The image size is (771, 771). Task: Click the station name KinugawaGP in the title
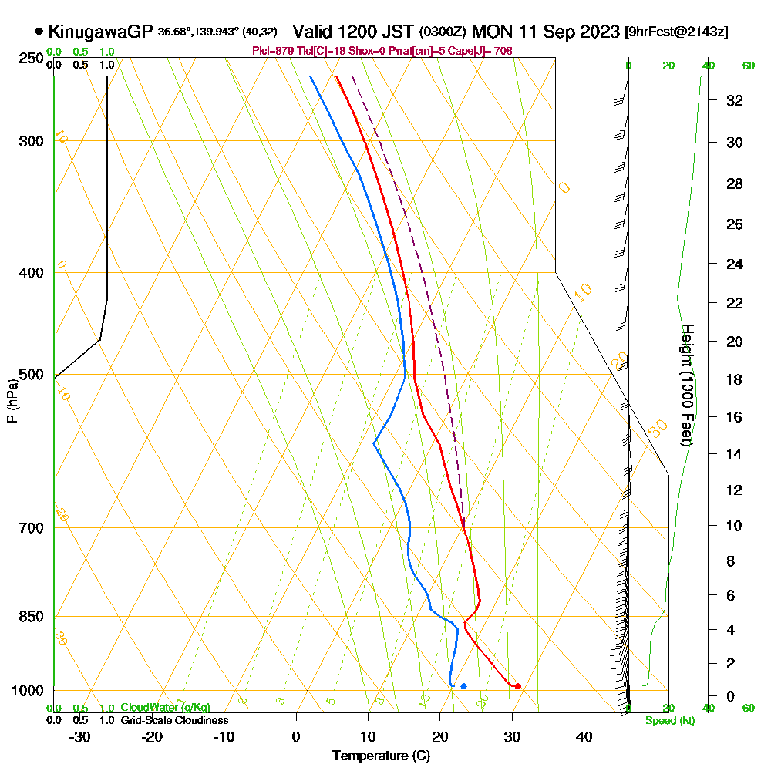point(101,32)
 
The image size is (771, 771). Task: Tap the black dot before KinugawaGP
point(39,32)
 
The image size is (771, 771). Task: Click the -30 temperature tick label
point(80,736)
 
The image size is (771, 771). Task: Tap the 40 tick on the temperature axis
point(584,736)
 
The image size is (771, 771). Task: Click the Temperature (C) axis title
point(381,756)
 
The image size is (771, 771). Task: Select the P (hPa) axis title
point(12,401)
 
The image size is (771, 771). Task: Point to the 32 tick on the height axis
point(735,100)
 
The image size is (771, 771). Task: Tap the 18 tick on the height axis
point(735,379)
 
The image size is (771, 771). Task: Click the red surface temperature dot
point(517,685)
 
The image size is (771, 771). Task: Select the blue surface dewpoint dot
point(463,685)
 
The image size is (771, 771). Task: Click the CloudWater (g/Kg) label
point(165,708)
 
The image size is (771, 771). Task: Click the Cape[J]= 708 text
point(482,51)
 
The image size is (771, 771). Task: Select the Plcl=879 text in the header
point(272,51)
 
